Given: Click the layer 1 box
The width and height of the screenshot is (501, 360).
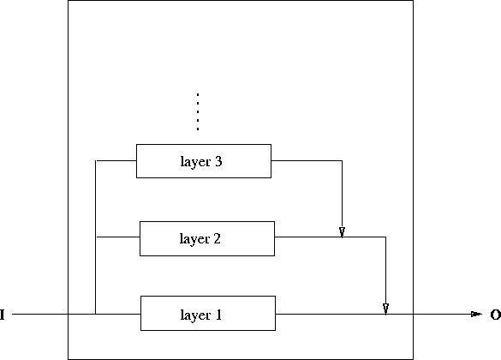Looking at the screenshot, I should pyautogui.click(x=207, y=314).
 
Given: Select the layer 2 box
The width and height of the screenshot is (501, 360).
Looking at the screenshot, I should pyautogui.click(x=207, y=238).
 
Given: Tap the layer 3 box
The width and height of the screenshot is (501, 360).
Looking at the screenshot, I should pyautogui.click(x=203, y=161).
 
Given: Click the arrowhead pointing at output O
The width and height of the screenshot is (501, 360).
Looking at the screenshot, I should pyautogui.click(x=476, y=315).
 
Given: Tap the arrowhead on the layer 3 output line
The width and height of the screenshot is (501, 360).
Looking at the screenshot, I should pyautogui.click(x=342, y=231).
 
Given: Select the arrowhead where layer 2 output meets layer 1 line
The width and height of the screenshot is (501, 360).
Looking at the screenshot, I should pyautogui.click(x=385, y=308).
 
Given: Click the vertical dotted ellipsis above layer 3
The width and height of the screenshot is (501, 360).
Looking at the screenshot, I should pyautogui.click(x=197, y=111).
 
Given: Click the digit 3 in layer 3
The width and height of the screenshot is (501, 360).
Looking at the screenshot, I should pyautogui.click(x=220, y=161).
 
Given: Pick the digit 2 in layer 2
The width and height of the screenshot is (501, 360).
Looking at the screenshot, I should pyautogui.click(x=218, y=239).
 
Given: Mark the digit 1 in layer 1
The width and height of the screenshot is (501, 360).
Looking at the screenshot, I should pyautogui.click(x=218, y=315).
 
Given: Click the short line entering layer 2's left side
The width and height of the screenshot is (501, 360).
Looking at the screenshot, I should pyautogui.click(x=118, y=237).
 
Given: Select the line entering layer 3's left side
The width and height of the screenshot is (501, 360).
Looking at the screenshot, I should pyautogui.click(x=116, y=160).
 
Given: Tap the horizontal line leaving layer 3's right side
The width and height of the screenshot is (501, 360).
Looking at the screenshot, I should pyautogui.click(x=307, y=160).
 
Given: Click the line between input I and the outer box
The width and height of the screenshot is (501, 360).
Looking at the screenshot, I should pyautogui.click(x=39, y=315).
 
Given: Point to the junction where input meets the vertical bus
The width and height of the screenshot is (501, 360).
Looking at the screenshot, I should pyautogui.click(x=96, y=315).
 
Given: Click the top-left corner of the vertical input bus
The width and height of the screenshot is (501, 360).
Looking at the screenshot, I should pyautogui.click(x=96, y=160).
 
